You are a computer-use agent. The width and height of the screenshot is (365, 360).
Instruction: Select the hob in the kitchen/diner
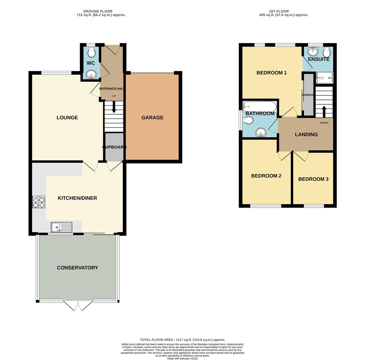pos(38,202)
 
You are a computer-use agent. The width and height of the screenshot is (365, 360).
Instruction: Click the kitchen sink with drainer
pos(61,227)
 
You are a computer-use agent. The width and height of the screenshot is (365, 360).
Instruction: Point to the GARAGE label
pos(152,118)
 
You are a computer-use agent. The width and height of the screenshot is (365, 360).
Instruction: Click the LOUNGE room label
pos(67,118)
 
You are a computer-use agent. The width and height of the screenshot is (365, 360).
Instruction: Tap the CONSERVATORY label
pos(77,268)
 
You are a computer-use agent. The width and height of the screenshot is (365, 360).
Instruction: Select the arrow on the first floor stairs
pos(324,110)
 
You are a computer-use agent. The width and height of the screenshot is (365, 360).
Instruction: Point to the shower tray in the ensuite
pos(324,78)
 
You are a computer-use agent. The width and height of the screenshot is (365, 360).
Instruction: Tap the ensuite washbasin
pos(312,51)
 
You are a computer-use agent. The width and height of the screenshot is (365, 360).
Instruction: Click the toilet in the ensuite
pos(326,52)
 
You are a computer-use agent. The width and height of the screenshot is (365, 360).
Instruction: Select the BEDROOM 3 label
pos(313,179)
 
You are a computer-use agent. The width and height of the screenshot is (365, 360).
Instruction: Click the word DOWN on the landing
pos(324,123)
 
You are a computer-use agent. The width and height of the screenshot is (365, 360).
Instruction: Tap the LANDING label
pos(306,135)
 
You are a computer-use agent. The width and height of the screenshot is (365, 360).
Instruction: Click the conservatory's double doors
pos(78,305)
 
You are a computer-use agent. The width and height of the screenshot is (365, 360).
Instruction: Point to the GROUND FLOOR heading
pos(98,11)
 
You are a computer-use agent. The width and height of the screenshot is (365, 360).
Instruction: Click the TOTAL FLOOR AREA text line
pos(182,340)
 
